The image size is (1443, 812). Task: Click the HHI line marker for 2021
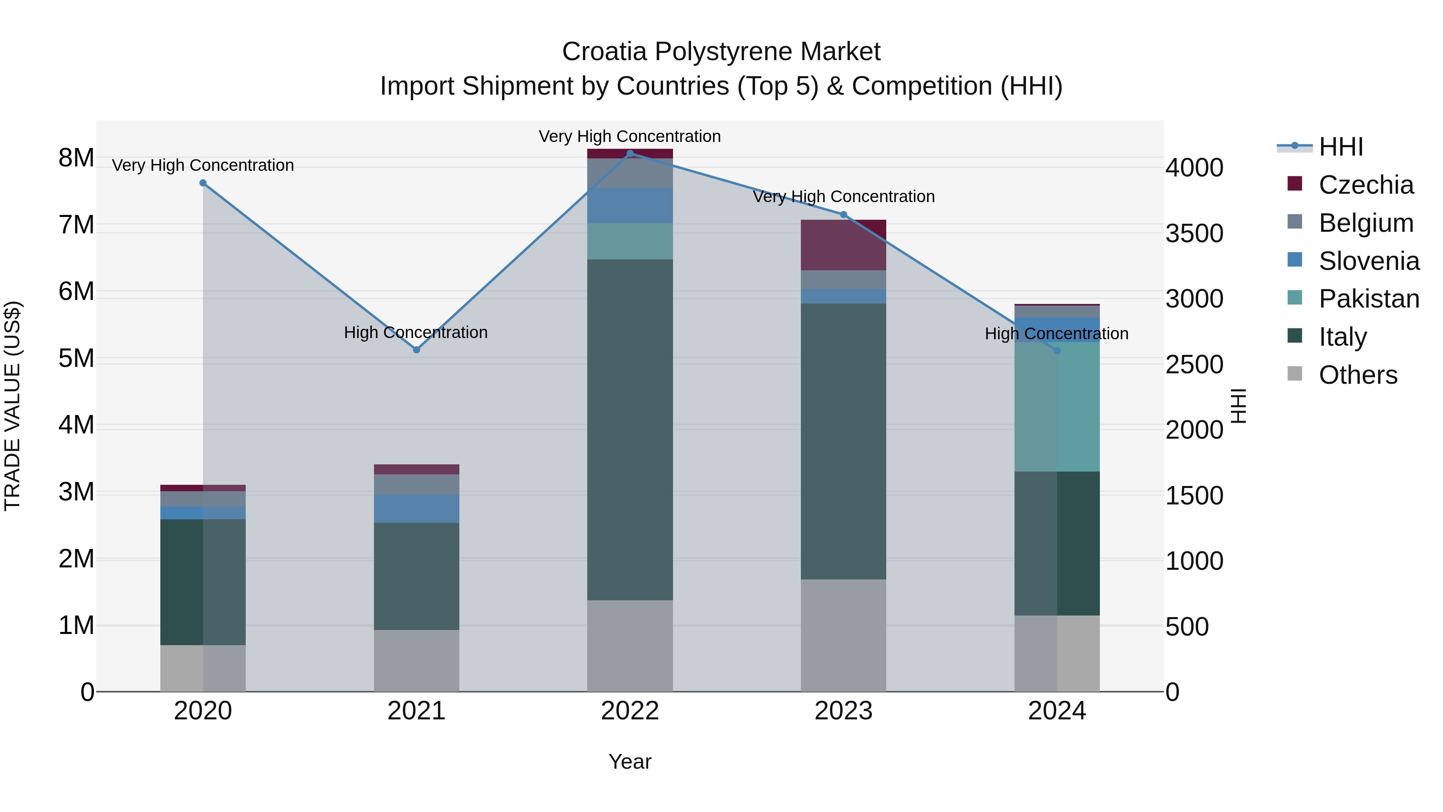pyautogui.click(x=416, y=350)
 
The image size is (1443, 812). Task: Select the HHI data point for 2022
pyautogui.click(x=630, y=154)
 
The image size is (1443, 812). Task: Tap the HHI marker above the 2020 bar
pyautogui.click(x=203, y=183)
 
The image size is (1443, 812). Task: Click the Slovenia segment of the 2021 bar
pyautogui.click(x=416, y=508)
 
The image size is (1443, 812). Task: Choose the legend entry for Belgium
pyautogui.click(x=1366, y=223)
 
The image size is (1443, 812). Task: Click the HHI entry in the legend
pyautogui.click(x=1340, y=147)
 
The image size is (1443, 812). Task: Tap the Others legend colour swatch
pyautogui.click(x=1295, y=373)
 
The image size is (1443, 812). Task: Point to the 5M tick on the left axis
pyautogui.click(x=76, y=358)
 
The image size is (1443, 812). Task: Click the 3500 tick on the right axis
pyautogui.click(x=1194, y=234)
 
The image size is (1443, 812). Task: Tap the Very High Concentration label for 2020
pyautogui.click(x=203, y=165)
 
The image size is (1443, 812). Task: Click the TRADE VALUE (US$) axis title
pyautogui.click(x=12, y=406)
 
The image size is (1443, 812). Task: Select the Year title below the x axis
pyautogui.click(x=630, y=761)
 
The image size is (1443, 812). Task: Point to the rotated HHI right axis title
pyautogui.click(x=1238, y=406)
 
